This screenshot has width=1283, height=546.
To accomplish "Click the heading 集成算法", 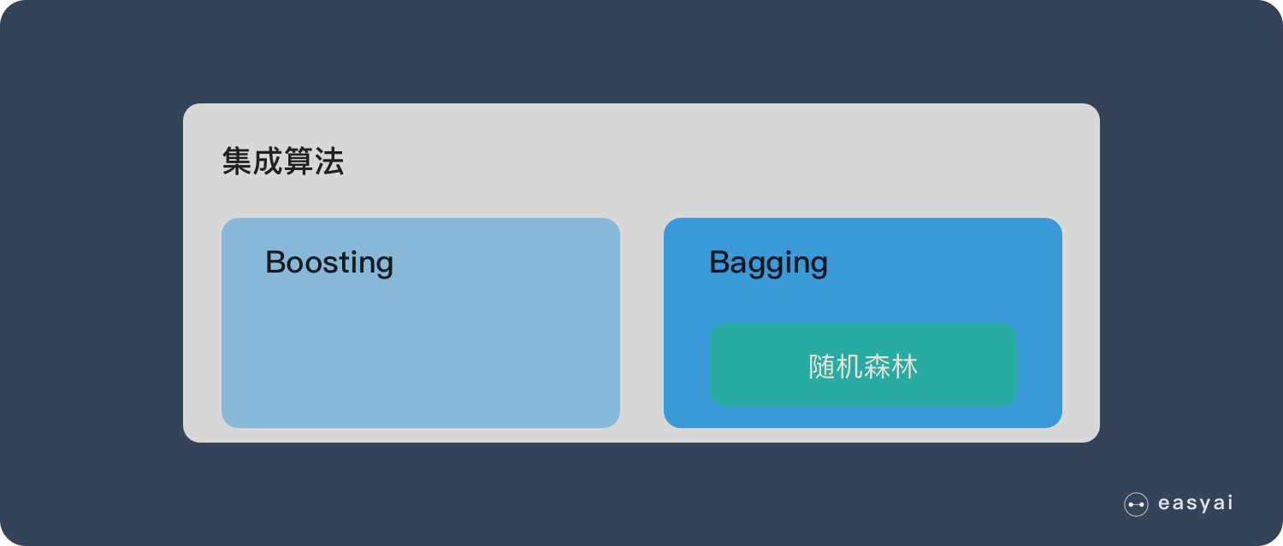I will click(283, 161).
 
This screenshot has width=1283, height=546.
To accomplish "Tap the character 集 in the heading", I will click(237, 161).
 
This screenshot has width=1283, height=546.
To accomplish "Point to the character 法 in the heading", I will click(329, 161).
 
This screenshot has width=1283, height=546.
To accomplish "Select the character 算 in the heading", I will click(299, 161).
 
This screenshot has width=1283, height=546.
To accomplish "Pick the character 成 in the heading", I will click(268, 161).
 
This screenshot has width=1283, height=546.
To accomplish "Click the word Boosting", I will click(329, 262).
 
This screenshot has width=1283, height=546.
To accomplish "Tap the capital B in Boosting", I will click(275, 261).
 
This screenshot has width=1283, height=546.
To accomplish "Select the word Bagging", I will click(768, 263).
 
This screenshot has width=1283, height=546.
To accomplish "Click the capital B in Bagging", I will click(719, 261).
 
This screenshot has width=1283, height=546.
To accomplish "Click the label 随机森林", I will click(863, 367).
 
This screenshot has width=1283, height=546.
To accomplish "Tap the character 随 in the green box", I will click(822, 367).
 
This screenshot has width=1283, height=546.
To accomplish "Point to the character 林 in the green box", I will click(904, 367).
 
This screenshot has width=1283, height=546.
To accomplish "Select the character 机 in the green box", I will click(849, 367).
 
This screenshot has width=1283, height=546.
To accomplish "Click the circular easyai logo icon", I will click(1136, 505).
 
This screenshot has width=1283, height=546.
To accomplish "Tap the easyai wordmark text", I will click(1195, 504).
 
